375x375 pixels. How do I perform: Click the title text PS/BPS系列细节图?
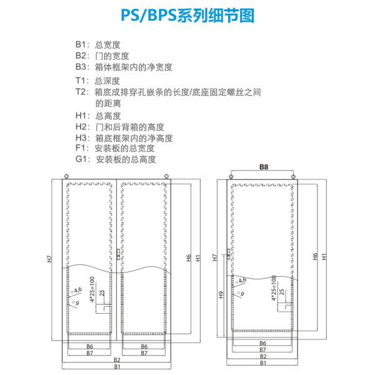(187, 16)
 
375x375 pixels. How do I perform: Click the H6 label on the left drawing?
(188, 256)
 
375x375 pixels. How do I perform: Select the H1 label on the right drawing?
(323, 257)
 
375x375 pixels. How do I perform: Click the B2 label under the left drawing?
(117, 359)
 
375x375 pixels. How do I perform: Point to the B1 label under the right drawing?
(263, 363)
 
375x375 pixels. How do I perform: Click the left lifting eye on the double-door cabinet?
(65, 177)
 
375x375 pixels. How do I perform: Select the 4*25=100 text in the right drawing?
(274, 290)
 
